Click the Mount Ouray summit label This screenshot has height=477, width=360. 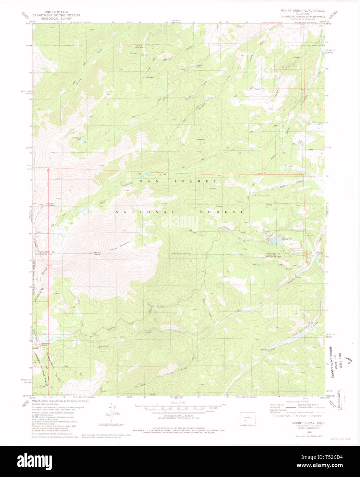pos(97,254)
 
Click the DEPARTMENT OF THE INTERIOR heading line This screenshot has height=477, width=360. pos(56,15)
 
